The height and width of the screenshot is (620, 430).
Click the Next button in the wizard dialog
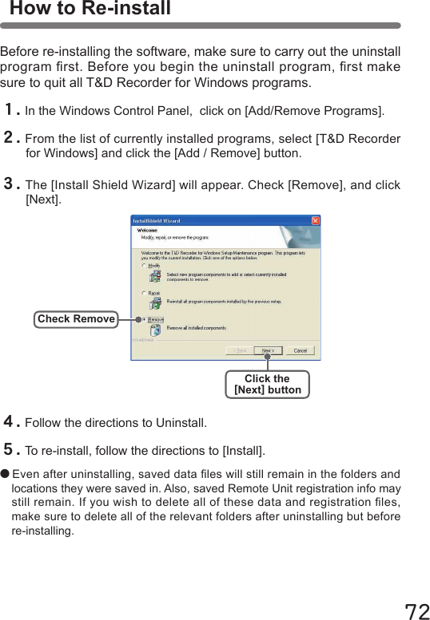269,350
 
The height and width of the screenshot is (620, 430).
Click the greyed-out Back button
239,350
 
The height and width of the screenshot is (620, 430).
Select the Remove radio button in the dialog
145,319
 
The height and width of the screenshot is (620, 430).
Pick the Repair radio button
145,293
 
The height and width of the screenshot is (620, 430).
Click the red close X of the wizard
316,220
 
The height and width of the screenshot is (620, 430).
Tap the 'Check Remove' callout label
76,319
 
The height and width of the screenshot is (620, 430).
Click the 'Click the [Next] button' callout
267,385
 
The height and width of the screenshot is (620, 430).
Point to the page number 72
416,610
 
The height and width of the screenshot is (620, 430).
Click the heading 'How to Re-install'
90,10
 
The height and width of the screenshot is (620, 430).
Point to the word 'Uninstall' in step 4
181,422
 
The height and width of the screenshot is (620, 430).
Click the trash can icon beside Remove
155,328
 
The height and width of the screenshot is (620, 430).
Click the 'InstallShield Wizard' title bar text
157,220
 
